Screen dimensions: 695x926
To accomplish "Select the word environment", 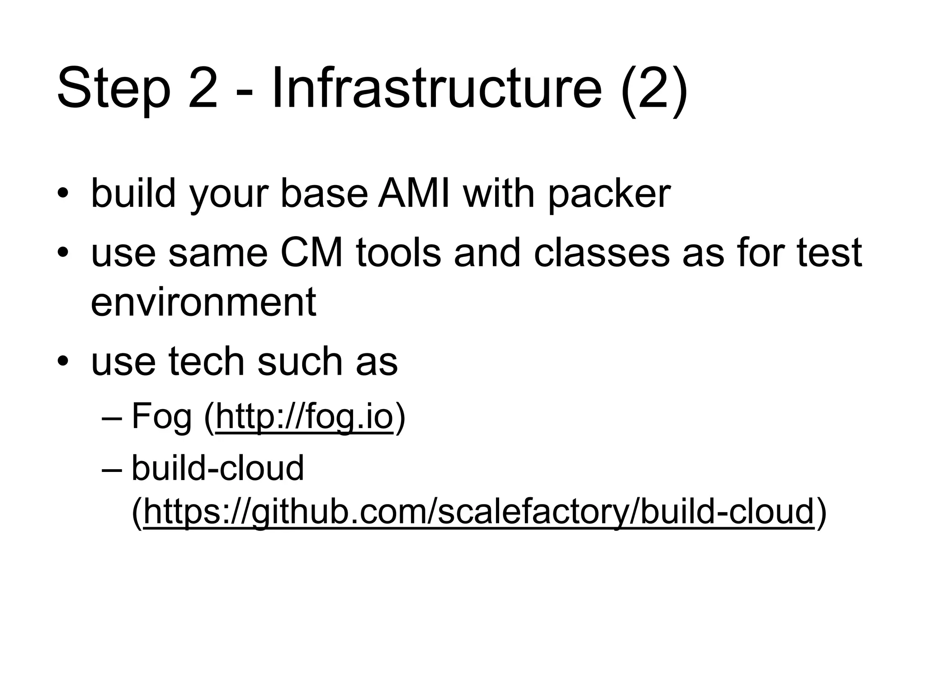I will [x=203, y=302].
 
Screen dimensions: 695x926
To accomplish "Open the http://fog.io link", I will [x=304, y=417].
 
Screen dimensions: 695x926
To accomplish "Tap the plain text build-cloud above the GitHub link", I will [x=217, y=468].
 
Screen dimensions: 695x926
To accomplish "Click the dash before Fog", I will [x=112, y=418].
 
